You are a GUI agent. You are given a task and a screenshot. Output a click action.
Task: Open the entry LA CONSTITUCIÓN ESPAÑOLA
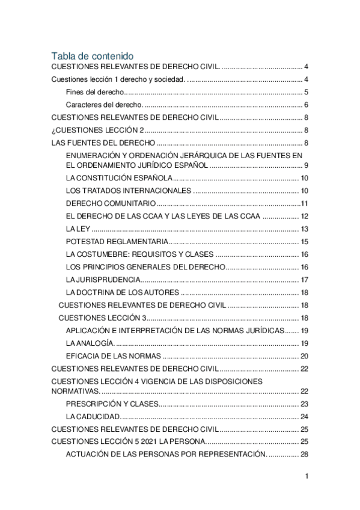pyautogui.click(x=119, y=178)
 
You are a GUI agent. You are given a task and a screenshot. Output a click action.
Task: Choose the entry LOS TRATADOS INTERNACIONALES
pyautogui.click(x=128, y=191)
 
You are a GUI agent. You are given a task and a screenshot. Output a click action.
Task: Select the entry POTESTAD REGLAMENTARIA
pyautogui.click(x=117, y=242)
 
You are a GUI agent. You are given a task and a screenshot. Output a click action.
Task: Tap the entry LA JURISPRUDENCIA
pyautogui.click(x=103, y=280)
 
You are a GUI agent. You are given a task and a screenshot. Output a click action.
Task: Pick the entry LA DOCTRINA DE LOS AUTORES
pyautogui.click(x=122, y=292)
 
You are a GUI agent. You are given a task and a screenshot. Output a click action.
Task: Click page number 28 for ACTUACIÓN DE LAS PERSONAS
pyautogui.click(x=304, y=454)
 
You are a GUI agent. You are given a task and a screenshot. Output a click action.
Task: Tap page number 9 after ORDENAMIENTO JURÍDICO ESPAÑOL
pyautogui.click(x=306, y=165)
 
